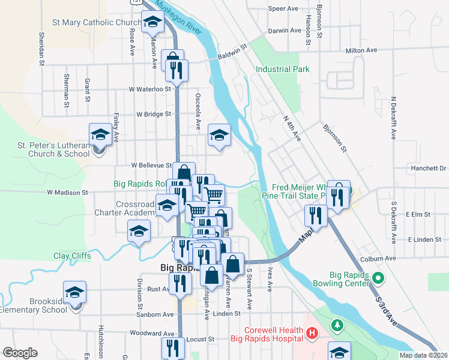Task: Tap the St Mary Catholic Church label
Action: point(96,23)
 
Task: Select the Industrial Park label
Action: point(283,69)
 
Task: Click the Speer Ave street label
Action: point(283,9)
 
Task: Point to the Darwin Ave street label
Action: point(283,30)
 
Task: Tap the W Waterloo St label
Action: point(150,89)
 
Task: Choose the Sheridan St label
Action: point(42,49)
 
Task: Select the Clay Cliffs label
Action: point(72,256)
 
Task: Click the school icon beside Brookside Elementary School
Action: point(75,293)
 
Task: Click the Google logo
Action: point(20,352)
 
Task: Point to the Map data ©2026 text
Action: point(424,355)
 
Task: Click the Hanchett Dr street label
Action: point(427,168)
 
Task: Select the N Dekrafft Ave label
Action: point(394,118)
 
